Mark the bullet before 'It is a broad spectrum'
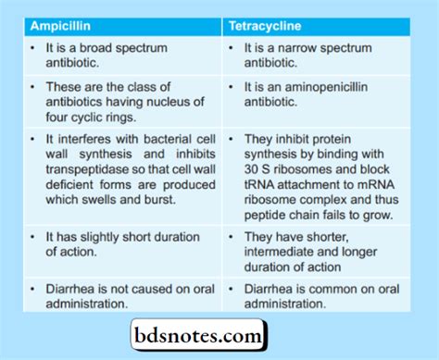pyautogui.click(x=32, y=46)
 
